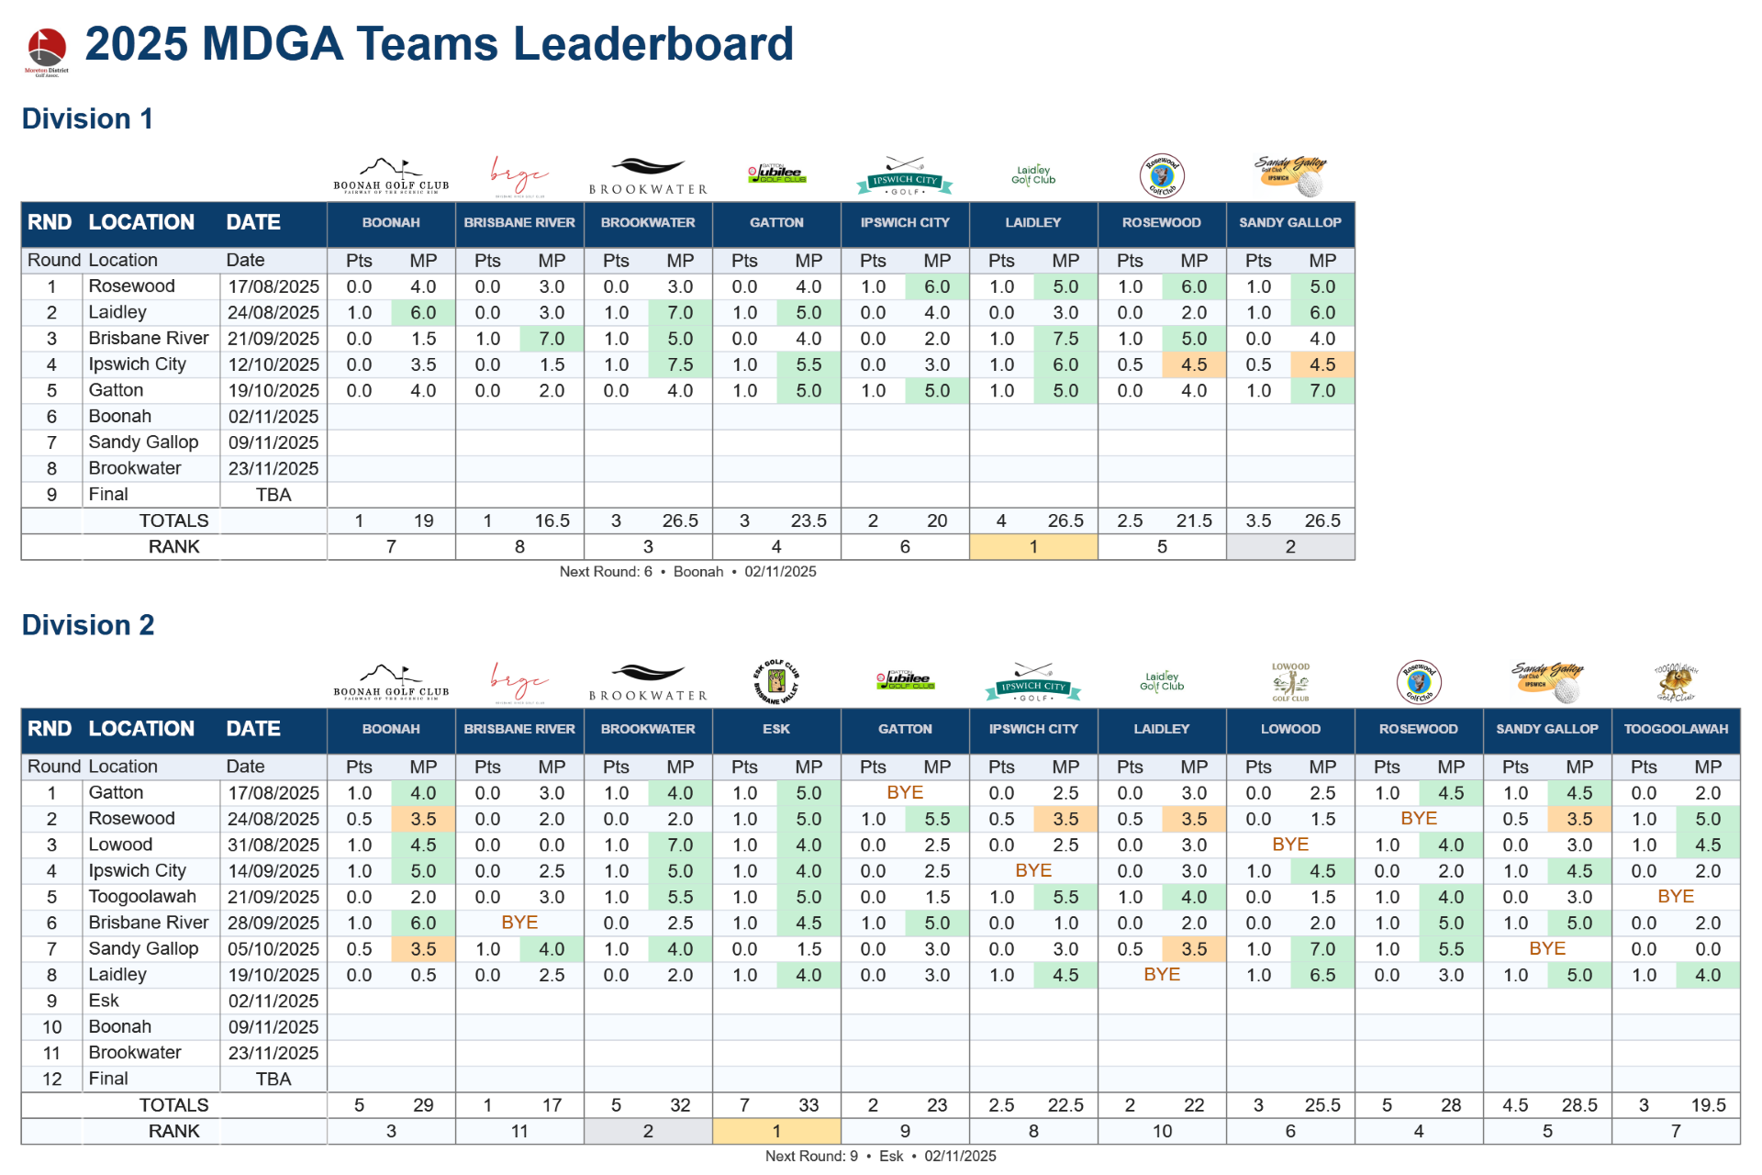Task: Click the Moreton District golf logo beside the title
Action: click(x=46, y=50)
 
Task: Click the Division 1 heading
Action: click(x=87, y=119)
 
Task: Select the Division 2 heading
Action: click(x=88, y=625)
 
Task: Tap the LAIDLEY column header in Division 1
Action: click(x=1032, y=223)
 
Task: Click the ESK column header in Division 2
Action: click(x=776, y=729)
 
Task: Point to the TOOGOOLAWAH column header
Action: click(x=1675, y=729)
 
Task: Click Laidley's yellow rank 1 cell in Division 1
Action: click(x=1033, y=547)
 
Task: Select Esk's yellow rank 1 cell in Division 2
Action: click(x=776, y=1131)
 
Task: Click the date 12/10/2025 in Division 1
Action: click(x=273, y=365)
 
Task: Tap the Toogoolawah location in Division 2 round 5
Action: click(x=142, y=897)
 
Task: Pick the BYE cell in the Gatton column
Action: click(x=905, y=792)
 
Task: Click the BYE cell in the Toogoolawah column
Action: click(x=1676, y=896)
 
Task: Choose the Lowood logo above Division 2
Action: click(x=1290, y=682)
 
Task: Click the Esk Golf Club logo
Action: click(x=776, y=682)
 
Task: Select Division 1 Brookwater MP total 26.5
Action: click(x=680, y=521)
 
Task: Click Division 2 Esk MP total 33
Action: click(x=809, y=1105)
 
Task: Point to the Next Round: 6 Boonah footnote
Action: click(x=687, y=572)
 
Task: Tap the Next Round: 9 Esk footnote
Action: click(x=880, y=1157)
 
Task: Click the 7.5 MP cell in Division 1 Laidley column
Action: click(x=1065, y=339)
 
